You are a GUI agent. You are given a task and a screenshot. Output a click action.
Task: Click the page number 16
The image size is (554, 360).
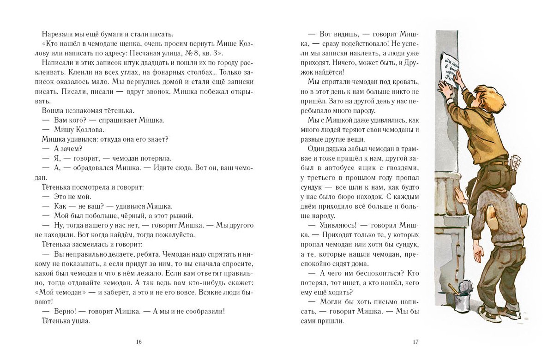click(139, 342)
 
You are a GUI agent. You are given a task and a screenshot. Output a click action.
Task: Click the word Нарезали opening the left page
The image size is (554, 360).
click(57, 34)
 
